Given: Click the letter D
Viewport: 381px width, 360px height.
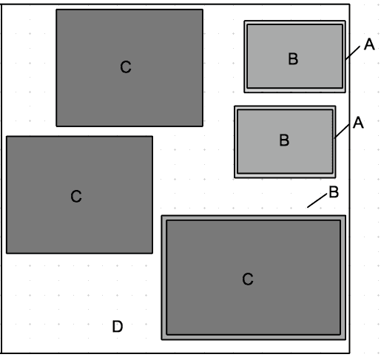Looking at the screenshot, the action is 118,326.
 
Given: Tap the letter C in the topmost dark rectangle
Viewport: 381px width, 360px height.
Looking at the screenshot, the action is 126,67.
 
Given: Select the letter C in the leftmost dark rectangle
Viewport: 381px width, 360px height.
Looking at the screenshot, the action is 76,196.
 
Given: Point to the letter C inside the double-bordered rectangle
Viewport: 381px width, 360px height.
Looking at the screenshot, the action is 248,279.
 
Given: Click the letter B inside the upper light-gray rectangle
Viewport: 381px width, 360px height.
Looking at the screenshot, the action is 293,59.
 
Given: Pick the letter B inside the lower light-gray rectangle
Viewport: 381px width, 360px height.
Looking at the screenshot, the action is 284,140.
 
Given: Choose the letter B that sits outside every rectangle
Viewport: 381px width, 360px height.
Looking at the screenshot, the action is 334,192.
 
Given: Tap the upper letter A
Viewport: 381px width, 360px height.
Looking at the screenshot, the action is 369,44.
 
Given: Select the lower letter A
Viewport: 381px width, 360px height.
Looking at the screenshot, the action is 358,123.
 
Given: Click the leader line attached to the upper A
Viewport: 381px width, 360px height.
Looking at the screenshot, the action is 353,52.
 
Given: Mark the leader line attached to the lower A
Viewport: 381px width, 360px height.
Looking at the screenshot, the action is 342,132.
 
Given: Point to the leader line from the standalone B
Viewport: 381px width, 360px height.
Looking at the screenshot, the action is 317,201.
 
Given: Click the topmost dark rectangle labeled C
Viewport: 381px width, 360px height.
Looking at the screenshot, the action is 129,68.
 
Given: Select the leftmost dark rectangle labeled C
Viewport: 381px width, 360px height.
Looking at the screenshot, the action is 79,194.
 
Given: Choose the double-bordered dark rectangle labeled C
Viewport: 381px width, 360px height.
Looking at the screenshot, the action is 254,278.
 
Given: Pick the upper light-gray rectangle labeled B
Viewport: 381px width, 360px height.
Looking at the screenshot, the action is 295,56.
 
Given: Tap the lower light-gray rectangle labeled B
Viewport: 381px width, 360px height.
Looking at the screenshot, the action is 285,142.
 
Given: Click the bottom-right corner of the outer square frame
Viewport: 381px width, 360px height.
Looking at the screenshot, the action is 349,353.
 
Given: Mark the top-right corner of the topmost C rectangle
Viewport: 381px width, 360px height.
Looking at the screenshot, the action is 203,10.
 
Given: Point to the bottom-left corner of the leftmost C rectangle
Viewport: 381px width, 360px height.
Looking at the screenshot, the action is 7,253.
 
